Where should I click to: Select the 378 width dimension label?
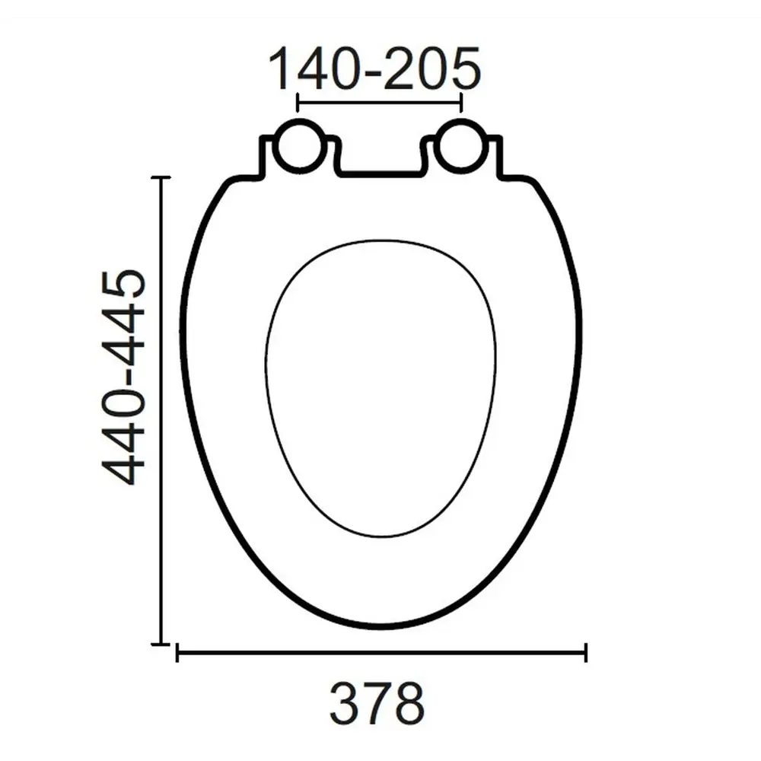click(x=377, y=703)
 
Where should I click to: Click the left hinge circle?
click(x=298, y=146)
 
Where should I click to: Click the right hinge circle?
click(x=462, y=146)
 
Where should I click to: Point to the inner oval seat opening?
click(x=380, y=388)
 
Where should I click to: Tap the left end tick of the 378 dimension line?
click(x=177, y=652)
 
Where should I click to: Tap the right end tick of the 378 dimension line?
click(x=585, y=652)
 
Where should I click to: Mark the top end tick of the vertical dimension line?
click(x=160, y=177)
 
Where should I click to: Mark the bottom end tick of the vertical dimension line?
click(x=160, y=644)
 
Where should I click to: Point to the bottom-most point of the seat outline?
click(x=380, y=626)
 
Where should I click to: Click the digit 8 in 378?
click(x=408, y=703)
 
